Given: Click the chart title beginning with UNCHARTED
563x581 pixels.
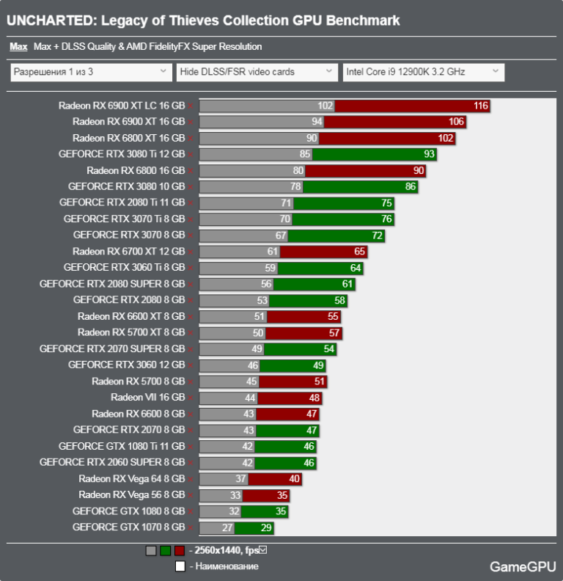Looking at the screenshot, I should (203, 21).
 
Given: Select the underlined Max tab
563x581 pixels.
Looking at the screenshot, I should (18, 47).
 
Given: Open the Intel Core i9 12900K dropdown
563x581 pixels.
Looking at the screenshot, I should (423, 72).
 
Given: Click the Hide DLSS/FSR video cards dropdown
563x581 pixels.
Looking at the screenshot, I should (257, 72).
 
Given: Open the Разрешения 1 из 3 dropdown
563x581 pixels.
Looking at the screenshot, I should (90, 72).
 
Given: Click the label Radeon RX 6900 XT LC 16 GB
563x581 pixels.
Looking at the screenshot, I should (122, 106).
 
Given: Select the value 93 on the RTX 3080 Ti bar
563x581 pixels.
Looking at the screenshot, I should (429, 154).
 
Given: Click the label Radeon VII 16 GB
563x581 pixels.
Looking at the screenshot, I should (147, 398).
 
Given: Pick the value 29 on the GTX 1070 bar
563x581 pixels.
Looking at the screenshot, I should (266, 527).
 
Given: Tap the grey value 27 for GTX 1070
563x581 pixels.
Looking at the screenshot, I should (227, 527).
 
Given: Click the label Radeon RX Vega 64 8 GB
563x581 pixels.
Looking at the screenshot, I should (132, 479).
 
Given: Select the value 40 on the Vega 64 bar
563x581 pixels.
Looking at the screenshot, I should (294, 479).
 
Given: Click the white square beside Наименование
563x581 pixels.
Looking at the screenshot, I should (180, 566).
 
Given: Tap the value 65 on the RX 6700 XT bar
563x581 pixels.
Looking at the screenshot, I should (359, 252).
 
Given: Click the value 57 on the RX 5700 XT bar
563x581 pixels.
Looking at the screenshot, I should (334, 333).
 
